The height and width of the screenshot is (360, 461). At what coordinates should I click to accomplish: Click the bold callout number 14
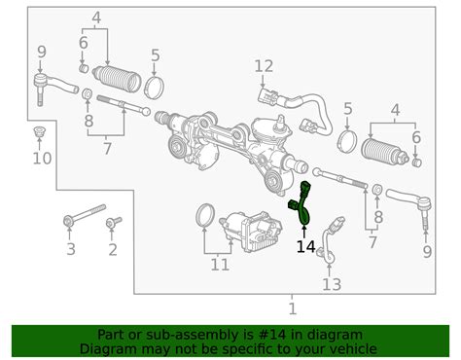[305, 247]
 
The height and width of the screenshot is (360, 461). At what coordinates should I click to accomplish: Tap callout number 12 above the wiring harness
[265, 66]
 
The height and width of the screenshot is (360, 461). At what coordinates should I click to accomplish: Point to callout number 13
[332, 284]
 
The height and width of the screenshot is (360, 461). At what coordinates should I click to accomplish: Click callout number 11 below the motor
[221, 264]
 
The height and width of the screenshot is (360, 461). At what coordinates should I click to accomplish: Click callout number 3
[70, 251]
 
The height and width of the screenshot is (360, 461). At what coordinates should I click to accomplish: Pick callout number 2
[112, 251]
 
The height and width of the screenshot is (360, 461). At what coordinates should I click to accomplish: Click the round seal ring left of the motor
[206, 214]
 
